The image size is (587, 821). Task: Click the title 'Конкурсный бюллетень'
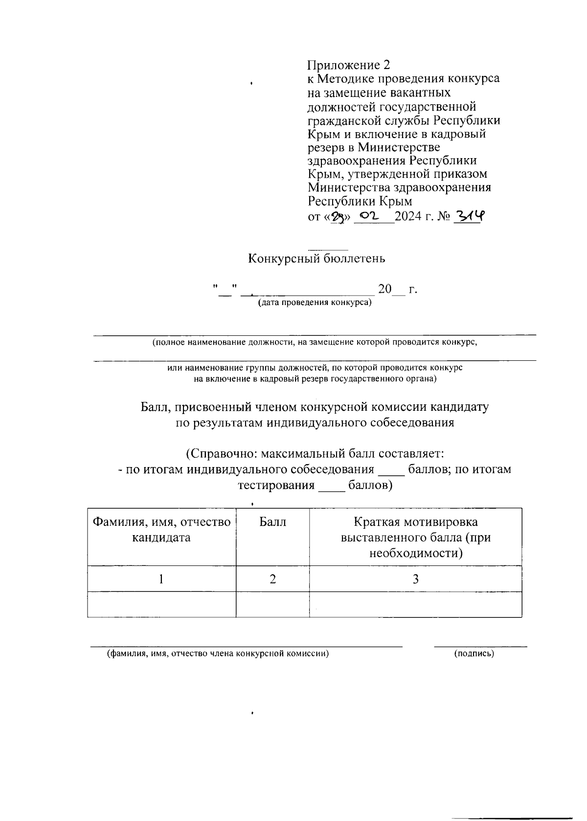tap(316, 258)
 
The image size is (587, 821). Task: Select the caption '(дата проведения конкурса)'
tap(315, 303)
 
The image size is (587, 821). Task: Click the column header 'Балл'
tap(272, 522)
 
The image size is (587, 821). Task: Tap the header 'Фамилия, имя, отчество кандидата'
tap(161, 530)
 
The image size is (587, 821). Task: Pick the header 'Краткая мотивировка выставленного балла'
tap(415, 538)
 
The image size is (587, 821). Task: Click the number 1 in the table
tap(161, 579)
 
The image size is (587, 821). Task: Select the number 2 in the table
tap(272, 579)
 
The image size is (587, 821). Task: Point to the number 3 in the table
tap(415, 579)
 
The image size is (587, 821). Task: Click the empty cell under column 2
tap(272, 604)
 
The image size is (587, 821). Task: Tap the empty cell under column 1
tap(161, 604)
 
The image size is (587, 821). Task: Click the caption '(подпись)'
tap(474, 654)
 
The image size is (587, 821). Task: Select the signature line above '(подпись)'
tap(480, 647)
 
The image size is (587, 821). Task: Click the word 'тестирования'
tap(276, 486)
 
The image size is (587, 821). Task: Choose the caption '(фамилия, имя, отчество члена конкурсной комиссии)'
tap(218, 654)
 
